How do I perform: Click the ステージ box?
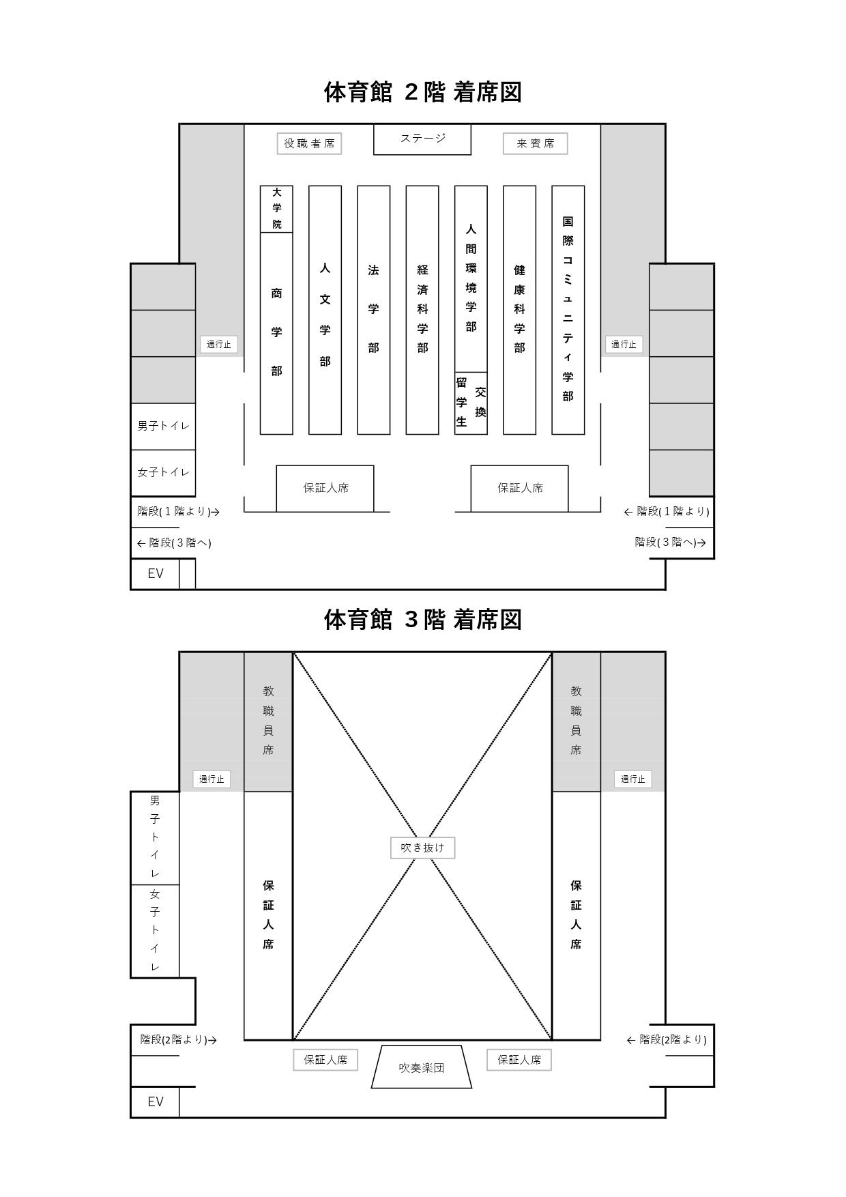tap(422, 139)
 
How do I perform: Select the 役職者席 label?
tap(309, 143)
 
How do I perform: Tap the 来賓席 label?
tap(536, 143)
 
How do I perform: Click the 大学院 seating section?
tap(276, 209)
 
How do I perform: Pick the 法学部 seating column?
tap(374, 310)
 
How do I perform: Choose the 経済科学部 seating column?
tap(422, 310)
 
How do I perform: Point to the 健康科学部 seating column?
tap(519, 310)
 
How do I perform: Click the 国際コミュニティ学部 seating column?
tap(568, 310)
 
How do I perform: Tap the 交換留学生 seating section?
tap(471, 403)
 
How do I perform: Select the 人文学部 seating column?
tap(325, 310)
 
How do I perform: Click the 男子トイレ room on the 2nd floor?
tap(163, 426)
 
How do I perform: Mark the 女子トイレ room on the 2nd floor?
tap(163, 472)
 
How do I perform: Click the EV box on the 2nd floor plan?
tap(155, 573)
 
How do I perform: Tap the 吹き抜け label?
tap(422, 848)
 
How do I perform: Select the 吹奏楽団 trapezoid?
tap(422, 1067)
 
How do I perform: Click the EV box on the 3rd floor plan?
tap(155, 1101)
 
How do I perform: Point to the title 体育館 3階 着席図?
tap(422, 620)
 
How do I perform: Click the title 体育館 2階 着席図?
tap(422, 92)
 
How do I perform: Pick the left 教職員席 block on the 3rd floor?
tap(268, 721)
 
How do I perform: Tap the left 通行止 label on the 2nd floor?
tap(219, 345)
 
